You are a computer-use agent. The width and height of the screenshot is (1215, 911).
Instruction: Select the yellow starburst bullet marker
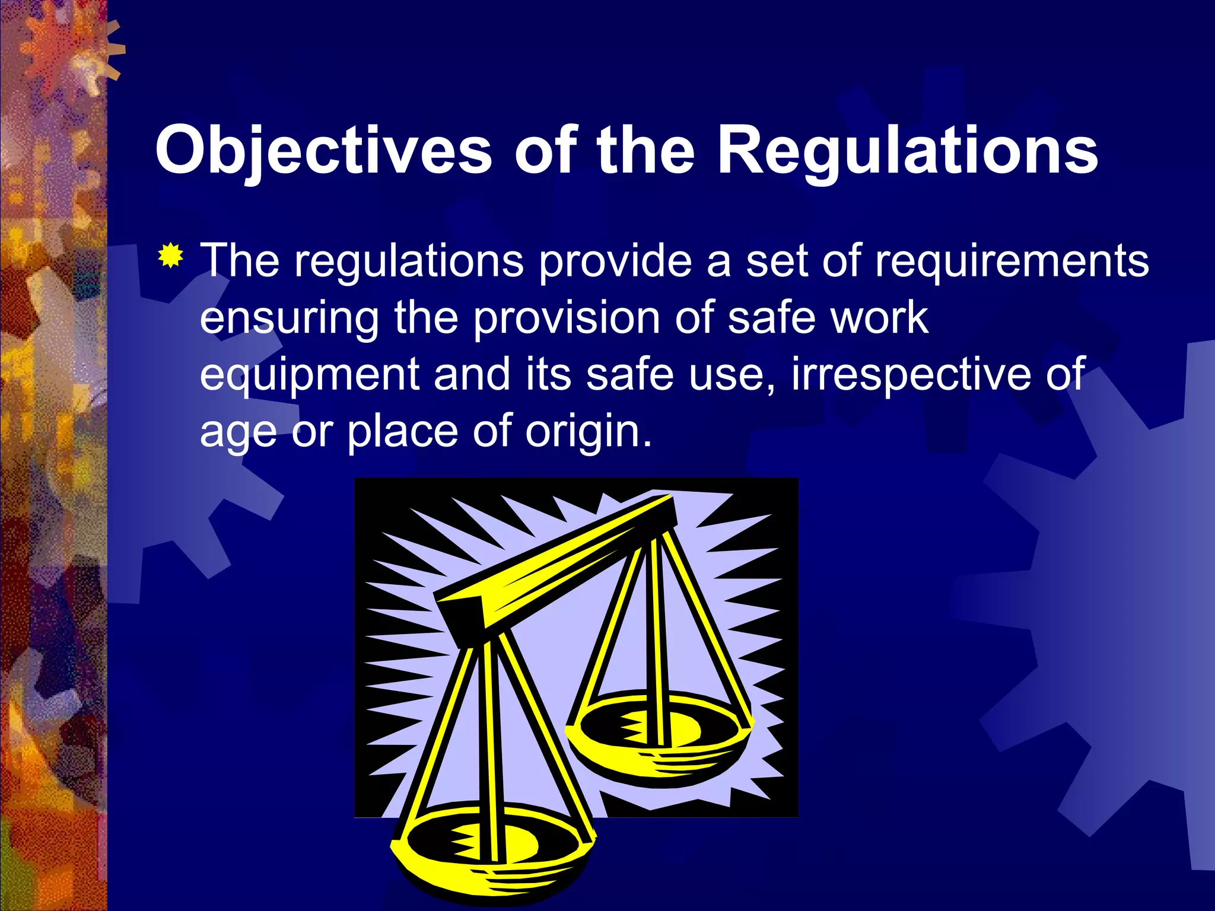[171, 256]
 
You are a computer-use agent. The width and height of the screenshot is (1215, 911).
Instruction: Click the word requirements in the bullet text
[1012, 261]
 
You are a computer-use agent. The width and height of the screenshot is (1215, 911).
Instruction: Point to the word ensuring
[289, 319]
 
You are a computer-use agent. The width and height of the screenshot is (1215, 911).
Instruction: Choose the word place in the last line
[402, 431]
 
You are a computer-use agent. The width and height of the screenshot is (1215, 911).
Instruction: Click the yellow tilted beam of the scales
[558, 563]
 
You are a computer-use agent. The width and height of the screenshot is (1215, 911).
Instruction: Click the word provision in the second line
[567, 318]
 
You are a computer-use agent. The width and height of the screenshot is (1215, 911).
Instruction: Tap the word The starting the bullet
[240, 261]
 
